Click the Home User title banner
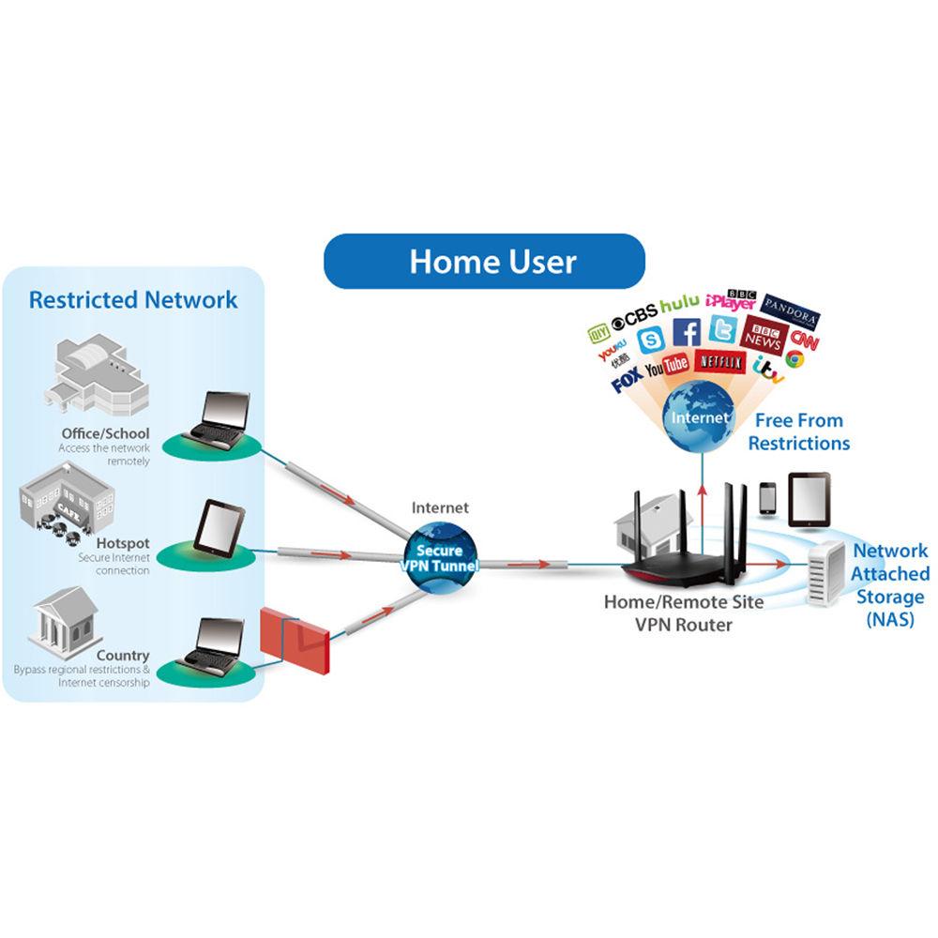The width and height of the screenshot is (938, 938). pos(484,261)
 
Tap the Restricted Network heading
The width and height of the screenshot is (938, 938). pos(133,300)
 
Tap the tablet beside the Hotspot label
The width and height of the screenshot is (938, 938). pos(219,527)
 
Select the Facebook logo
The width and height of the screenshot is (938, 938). pos(687,332)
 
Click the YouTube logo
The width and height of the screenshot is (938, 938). pos(667,364)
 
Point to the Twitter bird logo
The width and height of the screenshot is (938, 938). pos(724,329)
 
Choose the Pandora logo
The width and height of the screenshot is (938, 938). pos(791,307)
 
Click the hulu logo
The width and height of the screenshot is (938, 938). pos(679,305)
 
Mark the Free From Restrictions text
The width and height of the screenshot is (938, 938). pos(798,431)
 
